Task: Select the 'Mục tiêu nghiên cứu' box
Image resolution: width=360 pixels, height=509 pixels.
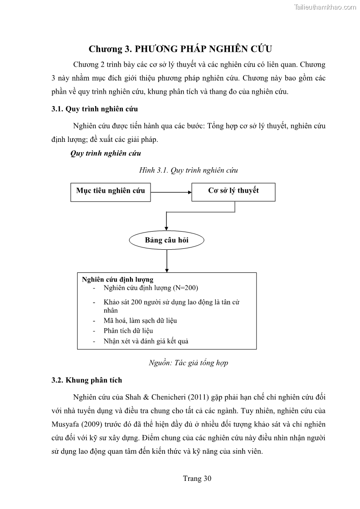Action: click(110, 191)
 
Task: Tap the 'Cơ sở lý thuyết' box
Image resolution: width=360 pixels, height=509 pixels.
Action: click(233, 191)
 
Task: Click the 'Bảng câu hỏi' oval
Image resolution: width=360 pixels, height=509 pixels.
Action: click(166, 240)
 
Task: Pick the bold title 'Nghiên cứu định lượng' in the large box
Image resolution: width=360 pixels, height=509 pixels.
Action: click(117, 280)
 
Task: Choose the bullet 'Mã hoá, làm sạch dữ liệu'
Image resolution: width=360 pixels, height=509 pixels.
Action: click(140, 320)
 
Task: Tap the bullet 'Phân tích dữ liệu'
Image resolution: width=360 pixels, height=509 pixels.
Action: click(128, 331)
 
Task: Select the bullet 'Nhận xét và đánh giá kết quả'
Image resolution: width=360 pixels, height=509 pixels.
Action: click(146, 341)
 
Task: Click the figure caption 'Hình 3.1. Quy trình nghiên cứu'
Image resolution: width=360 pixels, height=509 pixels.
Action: click(189, 170)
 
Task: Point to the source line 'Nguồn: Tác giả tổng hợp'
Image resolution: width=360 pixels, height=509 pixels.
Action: click(188, 363)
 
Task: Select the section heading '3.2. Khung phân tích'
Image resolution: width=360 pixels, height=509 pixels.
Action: click(87, 380)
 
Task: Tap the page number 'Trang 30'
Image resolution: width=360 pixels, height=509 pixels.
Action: click(197, 478)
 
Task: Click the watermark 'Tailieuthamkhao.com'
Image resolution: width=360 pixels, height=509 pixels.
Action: click(325, 7)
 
